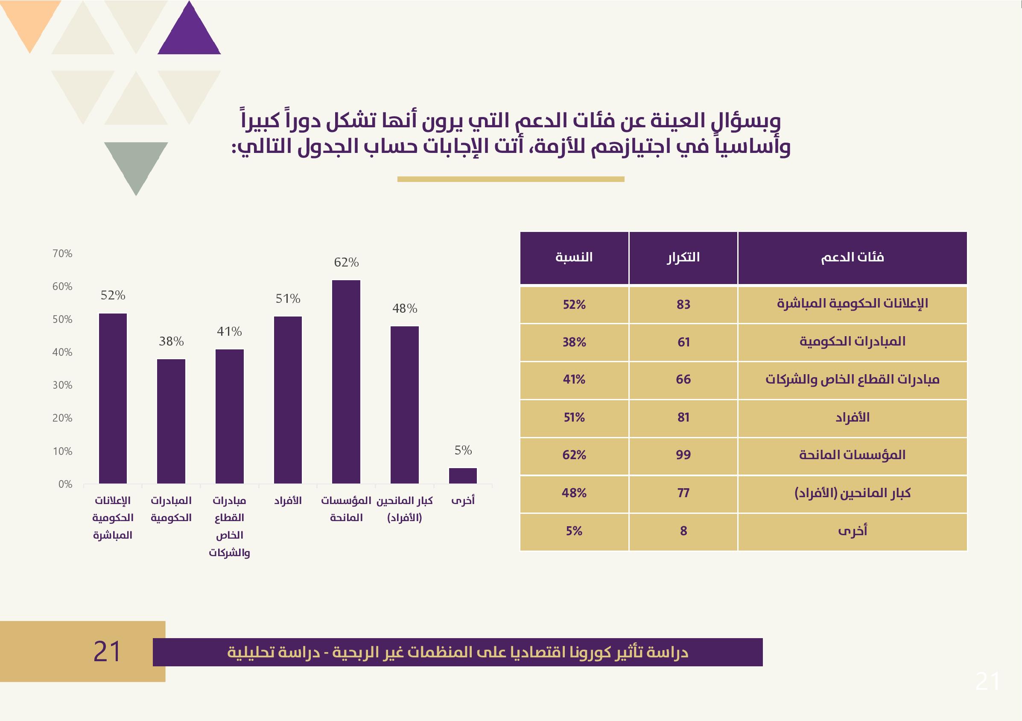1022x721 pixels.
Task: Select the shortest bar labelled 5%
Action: pyautogui.click(x=462, y=476)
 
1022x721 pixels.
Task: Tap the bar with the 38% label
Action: pyautogui.click(x=171, y=421)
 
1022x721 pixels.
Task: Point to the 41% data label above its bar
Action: pyautogui.click(x=229, y=332)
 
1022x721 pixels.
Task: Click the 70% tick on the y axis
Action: pyautogui.click(x=62, y=254)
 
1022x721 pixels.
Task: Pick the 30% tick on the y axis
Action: pyautogui.click(x=62, y=385)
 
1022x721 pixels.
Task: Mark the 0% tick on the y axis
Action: pyautogui.click(x=65, y=484)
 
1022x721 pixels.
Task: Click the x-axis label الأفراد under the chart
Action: pyautogui.click(x=288, y=501)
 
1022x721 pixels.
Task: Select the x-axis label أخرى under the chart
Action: pyautogui.click(x=463, y=501)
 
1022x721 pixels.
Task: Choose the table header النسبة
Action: pyautogui.click(x=574, y=258)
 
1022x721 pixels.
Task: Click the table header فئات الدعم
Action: pyautogui.click(x=852, y=258)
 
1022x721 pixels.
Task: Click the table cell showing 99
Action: pyautogui.click(x=683, y=455)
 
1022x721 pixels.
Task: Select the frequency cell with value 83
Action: pyautogui.click(x=683, y=305)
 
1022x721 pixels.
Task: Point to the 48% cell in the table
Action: pyautogui.click(x=574, y=493)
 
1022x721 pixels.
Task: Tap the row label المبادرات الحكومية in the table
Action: pyautogui.click(x=852, y=342)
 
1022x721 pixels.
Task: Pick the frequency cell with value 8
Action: pyautogui.click(x=683, y=531)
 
